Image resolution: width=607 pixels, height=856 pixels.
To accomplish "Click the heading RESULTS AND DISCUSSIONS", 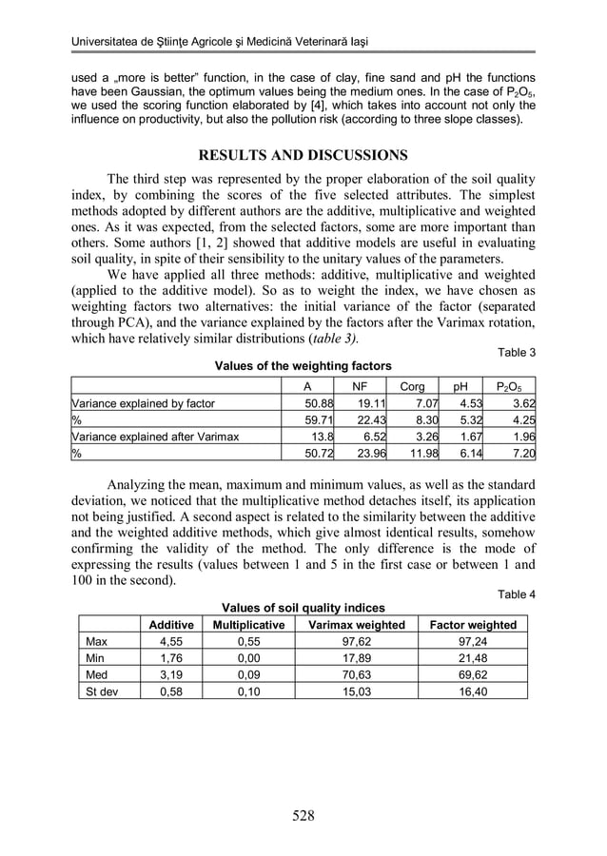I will click(x=303, y=155).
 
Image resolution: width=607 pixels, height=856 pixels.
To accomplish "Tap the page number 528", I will click(x=303, y=814).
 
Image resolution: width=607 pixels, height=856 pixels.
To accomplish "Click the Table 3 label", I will click(x=517, y=352).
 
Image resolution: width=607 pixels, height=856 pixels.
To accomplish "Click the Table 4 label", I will click(x=517, y=594).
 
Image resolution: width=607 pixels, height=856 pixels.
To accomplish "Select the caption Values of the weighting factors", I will click(x=303, y=365).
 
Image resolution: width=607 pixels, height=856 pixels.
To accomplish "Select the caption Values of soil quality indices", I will click(x=303, y=608).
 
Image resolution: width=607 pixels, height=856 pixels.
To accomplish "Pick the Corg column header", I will click(x=412, y=387).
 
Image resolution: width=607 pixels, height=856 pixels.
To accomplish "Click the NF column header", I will click(x=360, y=387).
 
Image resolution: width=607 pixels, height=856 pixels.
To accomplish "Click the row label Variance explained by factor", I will click(x=144, y=403).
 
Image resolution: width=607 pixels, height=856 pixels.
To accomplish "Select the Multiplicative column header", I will click(x=248, y=625).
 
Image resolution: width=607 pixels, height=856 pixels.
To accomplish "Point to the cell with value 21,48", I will click(x=473, y=657).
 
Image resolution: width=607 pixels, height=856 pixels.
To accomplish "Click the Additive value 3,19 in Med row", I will click(x=170, y=674).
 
